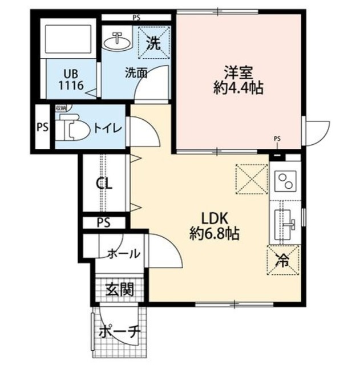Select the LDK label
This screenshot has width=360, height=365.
[x=214, y=218]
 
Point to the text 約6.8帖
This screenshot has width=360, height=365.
[x=214, y=233]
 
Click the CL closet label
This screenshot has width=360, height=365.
[x=104, y=184]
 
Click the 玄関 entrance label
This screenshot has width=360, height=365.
[x=119, y=289]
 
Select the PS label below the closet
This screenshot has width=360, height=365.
[x=103, y=221]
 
